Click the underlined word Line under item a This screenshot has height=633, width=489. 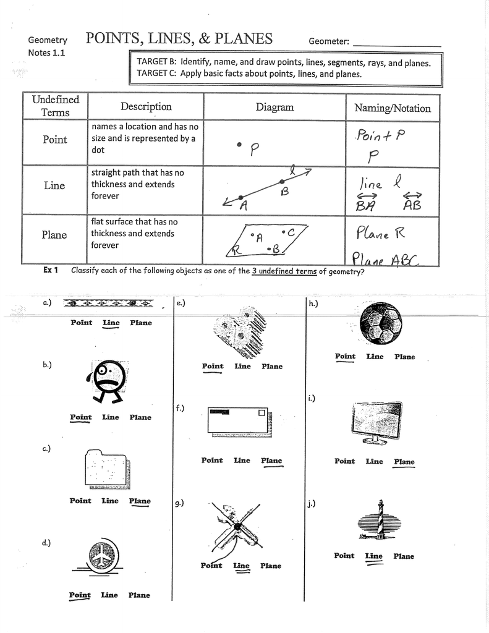tap(111, 323)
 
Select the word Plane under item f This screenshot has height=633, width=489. tap(271, 461)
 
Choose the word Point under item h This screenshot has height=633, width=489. tap(345, 356)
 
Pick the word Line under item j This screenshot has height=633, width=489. tap(373, 556)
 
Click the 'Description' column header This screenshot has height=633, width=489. tap(146, 106)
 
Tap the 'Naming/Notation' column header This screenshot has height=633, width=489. tap(393, 108)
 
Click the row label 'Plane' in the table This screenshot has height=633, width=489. tap(54, 235)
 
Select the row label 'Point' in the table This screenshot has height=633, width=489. tap(54, 140)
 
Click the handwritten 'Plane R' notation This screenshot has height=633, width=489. tap(380, 233)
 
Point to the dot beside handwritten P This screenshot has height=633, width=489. tap(239, 144)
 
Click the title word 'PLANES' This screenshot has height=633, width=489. tap(244, 39)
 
